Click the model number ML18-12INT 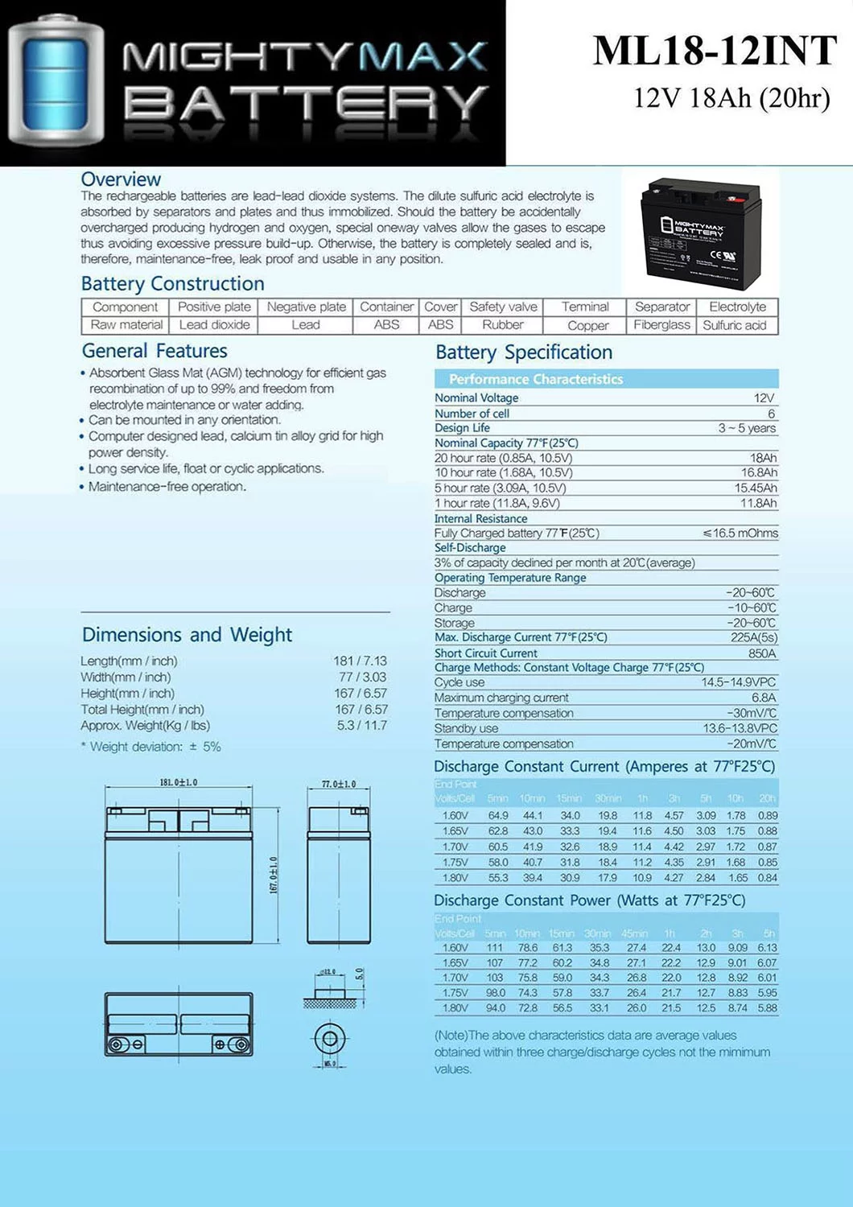[x=715, y=51]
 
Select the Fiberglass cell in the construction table [x=661, y=325]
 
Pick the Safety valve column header [x=503, y=307]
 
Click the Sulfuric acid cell [x=735, y=325]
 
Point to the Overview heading [x=121, y=179]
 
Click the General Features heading [x=155, y=351]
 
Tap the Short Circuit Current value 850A [x=762, y=653]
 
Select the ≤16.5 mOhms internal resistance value [x=740, y=533]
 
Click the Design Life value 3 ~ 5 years [x=747, y=428]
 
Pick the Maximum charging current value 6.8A [x=764, y=698]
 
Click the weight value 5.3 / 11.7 [x=361, y=725]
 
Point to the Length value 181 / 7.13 [x=360, y=661]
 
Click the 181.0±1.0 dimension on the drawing [x=178, y=782]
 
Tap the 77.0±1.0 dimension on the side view [x=339, y=784]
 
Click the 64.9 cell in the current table [x=498, y=815]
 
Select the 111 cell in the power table [x=495, y=948]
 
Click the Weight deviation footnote [x=151, y=747]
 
